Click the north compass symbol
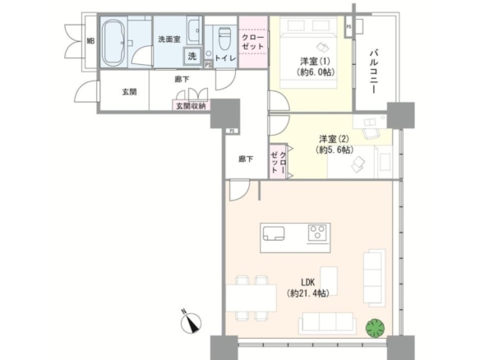point(191,323)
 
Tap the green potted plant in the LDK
point(375,329)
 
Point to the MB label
point(90,41)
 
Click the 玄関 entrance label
point(129,91)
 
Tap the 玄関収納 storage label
point(191,106)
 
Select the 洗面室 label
point(169,39)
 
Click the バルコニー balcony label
point(373,72)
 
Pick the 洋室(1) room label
point(315,61)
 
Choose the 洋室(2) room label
point(334,139)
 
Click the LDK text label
point(308,282)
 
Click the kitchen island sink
point(274,233)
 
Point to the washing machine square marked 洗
point(192,56)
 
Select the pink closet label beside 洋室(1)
point(252,42)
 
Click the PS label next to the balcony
point(348,27)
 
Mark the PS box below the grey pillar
point(232,131)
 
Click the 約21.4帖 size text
point(308,293)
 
